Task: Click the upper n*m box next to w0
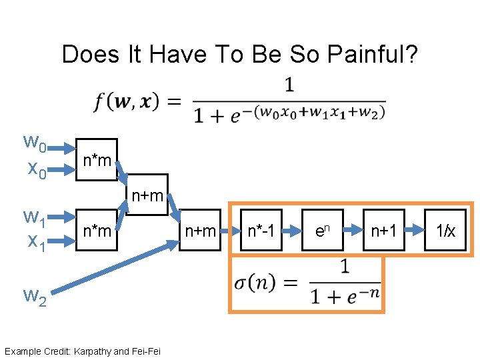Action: pos(96,160)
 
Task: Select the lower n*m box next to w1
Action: pos(96,230)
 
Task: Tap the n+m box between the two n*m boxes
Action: pos(147,195)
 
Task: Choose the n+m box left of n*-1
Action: pos(200,231)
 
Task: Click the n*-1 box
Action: pos(261,231)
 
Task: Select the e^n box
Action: pos(322,231)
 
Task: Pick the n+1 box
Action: pos(384,231)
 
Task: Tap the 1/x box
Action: pos(445,231)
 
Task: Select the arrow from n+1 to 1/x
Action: pos(415,230)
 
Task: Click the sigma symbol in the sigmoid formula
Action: pos(241,282)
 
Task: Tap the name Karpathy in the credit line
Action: pos(94,351)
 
